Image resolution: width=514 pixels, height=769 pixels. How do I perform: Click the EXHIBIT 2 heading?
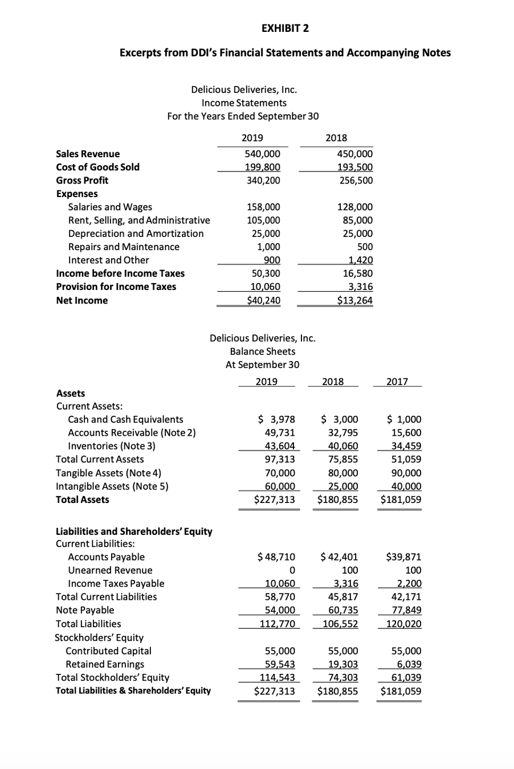tap(285, 28)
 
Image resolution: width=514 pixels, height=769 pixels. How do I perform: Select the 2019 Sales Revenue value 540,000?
tap(263, 154)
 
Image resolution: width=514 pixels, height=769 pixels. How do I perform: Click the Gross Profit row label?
tap(82, 180)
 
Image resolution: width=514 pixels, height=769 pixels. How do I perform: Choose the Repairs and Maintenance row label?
tap(124, 247)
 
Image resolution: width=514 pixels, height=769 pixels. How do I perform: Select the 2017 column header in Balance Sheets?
tap(397, 382)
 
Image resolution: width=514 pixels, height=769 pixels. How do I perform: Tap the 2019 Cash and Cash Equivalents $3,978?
tap(276, 420)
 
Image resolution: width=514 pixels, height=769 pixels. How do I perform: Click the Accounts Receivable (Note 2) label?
tap(132, 432)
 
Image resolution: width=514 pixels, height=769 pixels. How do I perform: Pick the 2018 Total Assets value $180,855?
tap(338, 500)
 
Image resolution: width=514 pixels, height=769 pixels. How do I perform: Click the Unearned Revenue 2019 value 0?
tap(292, 570)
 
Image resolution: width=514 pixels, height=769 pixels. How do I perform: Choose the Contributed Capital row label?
tap(109, 651)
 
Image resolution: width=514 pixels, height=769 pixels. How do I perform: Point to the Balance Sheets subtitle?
tap(262, 351)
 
